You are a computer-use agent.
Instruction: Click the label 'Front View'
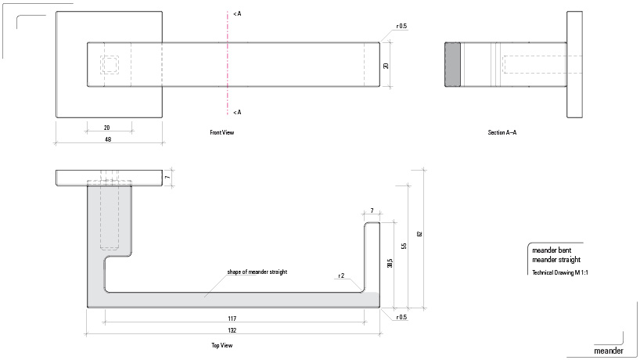coord(222,133)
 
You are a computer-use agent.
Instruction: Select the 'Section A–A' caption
coord(502,133)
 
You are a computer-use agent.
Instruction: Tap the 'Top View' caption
coord(221,344)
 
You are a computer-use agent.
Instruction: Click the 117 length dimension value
coord(232,319)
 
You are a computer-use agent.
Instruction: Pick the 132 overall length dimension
coord(232,332)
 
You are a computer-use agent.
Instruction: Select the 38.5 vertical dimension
coord(390,264)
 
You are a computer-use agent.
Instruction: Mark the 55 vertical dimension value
coord(404,246)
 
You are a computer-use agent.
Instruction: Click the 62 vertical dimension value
coord(419,234)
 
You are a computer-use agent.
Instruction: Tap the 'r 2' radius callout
coord(341,275)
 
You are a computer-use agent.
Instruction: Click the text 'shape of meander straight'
coord(257,272)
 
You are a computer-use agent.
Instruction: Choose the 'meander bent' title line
coord(553,250)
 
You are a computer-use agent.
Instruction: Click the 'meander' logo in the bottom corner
coord(609,351)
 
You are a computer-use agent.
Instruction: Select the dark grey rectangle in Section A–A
coord(453,64)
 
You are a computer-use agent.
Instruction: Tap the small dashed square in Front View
coord(109,64)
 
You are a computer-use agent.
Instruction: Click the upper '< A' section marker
coord(237,14)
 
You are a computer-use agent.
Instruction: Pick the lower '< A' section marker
coord(237,112)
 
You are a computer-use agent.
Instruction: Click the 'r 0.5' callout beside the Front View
coord(401,26)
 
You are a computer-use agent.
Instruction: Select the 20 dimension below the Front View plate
coord(108,127)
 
